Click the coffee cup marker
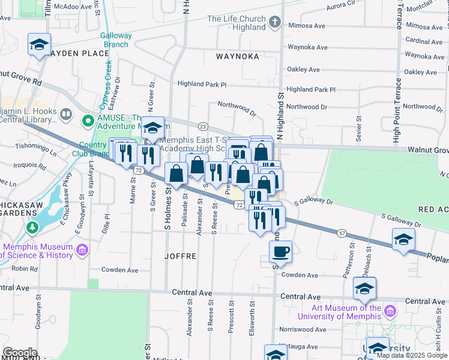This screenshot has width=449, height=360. click(x=281, y=251)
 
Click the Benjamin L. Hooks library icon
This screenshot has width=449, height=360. click(x=65, y=113)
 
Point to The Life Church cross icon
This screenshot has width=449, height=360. click(x=275, y=23)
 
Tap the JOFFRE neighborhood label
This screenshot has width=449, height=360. click(x=180, y=256)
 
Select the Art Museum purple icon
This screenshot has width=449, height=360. click(x=390, y=311)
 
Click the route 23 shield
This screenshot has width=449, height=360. click(x=203, y=126)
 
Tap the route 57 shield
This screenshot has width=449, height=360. click(x=342, y=232)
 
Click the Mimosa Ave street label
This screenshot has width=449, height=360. click(x=307, y=26)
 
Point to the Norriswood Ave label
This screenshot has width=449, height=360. click(x=303, y=329)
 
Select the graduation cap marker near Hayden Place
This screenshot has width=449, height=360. click(x=40, y=44)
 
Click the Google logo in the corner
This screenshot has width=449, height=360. click(x=20, y=353)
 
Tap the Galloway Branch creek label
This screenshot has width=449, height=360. click(x=116, y=40)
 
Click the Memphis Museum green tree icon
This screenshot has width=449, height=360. click(x=31, y=227)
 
